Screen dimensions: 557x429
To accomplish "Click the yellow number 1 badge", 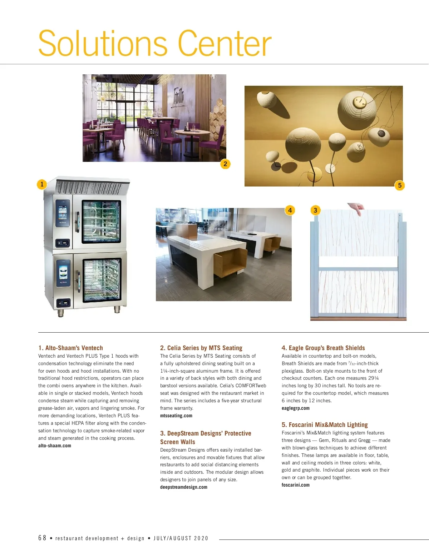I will (42, 184).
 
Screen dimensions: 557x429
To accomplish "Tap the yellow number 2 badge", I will (225, 164).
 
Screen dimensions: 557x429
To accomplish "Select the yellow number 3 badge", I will (315, 210).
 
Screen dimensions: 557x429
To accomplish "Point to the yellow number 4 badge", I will (290, 210).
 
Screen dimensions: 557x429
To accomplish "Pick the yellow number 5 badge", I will (400, 185).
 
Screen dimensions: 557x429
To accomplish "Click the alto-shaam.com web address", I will (55, 446).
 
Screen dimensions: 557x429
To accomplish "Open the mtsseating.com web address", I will (176, 416).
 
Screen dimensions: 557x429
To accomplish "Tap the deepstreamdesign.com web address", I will (184, 487).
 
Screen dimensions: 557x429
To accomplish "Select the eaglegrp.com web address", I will (296, 408).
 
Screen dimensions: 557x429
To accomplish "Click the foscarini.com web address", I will (296, 485).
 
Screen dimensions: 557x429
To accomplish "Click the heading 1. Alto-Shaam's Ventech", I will (70, 348).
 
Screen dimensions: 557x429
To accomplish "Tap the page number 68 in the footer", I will (42, 538).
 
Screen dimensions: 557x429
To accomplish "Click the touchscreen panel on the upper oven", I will (63, 213).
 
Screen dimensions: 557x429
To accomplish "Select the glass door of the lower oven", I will (102, 280).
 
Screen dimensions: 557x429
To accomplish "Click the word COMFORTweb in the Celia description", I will (251, 386).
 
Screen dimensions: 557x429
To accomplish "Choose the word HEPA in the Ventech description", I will (78, 423).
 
